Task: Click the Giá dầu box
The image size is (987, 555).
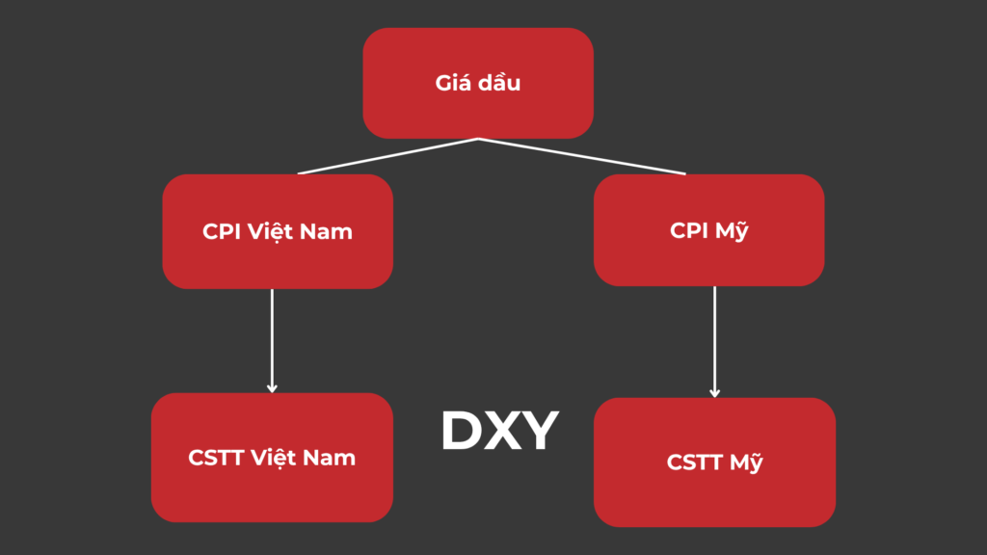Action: [x=477, y=83]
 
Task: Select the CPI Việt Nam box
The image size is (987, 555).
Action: [x=278, y=231]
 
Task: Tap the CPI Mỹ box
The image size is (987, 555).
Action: [x=708, y=231]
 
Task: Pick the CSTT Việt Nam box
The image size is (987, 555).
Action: [x=272, y=458]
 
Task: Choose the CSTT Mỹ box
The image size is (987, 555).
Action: [x=714, y=462]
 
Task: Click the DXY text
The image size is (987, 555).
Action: [x=499, y=431]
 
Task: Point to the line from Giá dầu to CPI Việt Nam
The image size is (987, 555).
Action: [x=388, y=156]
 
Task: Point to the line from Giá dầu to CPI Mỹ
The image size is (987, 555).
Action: [x=582, y=156]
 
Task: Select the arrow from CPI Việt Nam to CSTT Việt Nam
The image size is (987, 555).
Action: [x=272, y=337]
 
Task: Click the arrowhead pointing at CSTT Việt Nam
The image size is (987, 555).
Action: [x=272, y=388]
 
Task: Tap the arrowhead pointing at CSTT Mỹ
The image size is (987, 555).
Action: [x=714, y=392]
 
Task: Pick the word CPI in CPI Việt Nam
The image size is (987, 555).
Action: [x=221, y=232]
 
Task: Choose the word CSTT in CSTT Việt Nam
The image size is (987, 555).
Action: [x=216, y=458]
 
